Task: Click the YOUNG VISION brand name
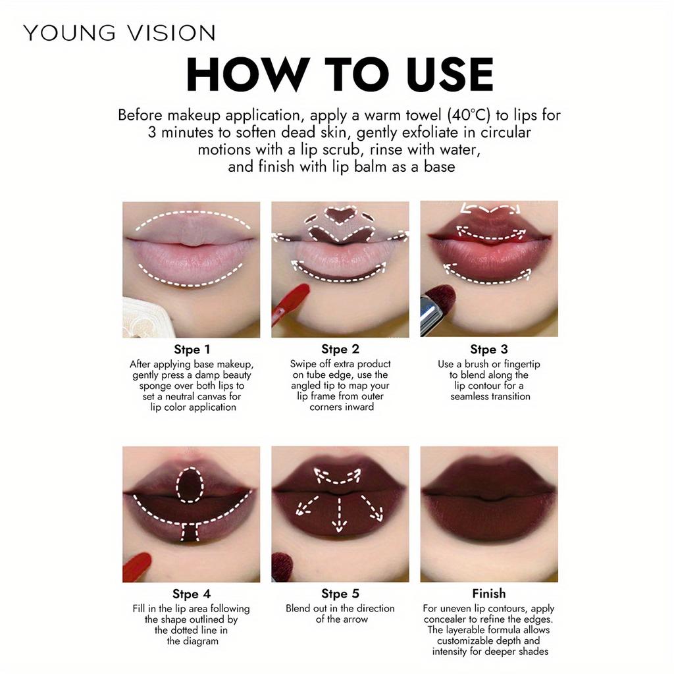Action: (x=119, y=33)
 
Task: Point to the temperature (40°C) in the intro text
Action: (x=469, y=115)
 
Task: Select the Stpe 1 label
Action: (x=192, y=350)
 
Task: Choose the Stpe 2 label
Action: (x=340, y=350)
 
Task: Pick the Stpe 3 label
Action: (x=489, y=350)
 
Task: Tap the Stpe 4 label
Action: (x=192, y=594)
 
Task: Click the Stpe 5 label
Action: (x=340, y=594)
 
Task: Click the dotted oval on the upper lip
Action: (x=190, y=484)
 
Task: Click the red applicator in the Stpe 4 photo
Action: (x=136, y=567)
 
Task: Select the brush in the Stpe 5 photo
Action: (x=284, y=565)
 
